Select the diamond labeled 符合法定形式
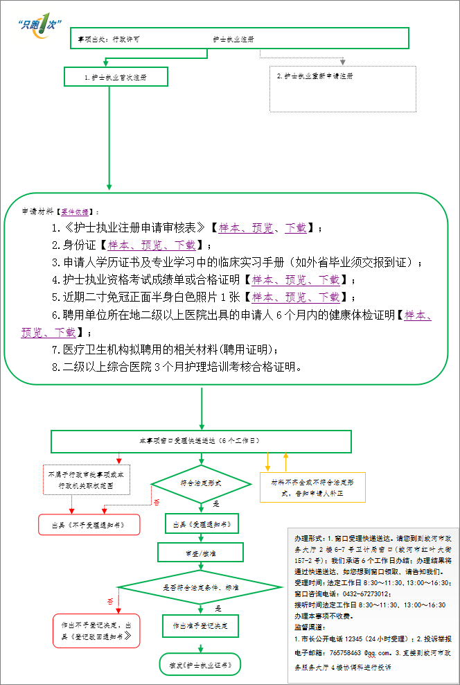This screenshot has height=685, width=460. (x=201, y=483)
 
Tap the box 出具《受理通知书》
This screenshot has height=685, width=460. (x=202, y=523)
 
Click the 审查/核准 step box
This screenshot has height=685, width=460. (x=201, y=553)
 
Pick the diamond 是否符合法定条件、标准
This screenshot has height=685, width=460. (x=201, y=587)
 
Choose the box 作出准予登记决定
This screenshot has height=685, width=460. (x=201, y=625)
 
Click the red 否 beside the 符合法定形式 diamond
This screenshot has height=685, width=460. (x=157, y=502)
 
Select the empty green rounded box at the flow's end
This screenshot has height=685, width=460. (x=200, y=664)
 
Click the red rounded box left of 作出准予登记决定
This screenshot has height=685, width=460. (x=97, y=630)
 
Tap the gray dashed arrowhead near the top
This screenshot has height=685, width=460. (x=342, y=62)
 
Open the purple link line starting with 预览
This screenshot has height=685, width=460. (x=48, y=333)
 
